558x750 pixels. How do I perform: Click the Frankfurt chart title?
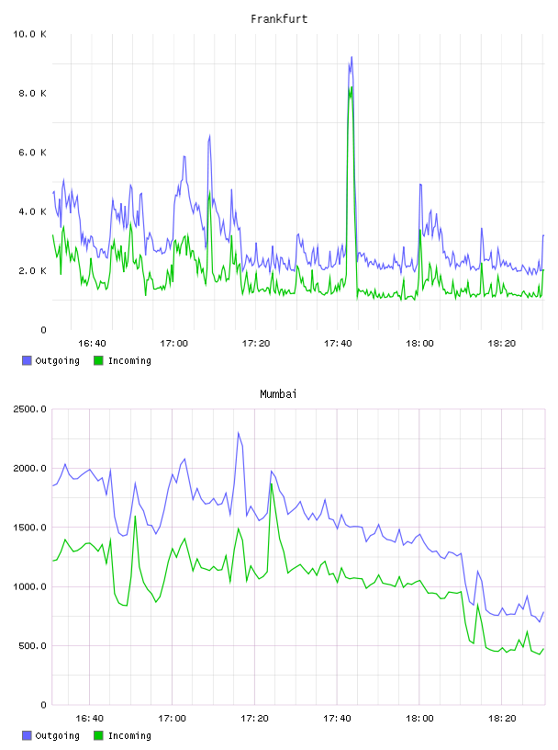[x=279, y=19]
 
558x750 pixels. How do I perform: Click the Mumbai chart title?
[x=278, y=394]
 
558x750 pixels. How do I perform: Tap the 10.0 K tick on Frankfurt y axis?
[x=29, y=34]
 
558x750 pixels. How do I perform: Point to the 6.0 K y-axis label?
[x=32, y=153]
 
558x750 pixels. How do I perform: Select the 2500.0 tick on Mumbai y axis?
[x=29, y=409]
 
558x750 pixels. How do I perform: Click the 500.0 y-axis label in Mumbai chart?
[x=32, y=646]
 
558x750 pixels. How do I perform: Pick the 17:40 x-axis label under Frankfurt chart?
[x=338, y=344]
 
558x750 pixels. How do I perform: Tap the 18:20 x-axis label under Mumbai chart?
[x=502, y=719]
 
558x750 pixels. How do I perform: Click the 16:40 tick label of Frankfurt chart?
[x=92, y=344]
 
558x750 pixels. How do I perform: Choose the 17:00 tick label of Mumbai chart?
[x=172, y=719]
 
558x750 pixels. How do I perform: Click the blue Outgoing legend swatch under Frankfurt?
[x=27, y=360]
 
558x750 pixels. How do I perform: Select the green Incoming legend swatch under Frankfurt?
[x=98, y=360]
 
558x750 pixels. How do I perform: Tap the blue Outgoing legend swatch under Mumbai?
[x=27, y=735]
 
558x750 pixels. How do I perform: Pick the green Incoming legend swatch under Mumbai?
[x=98, y=735]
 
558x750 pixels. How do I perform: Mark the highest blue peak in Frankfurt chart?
[x=352, y=57]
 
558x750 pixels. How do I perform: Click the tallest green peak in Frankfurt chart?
[x=352, y=87]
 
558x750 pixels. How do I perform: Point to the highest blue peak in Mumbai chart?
[x=239, y=433]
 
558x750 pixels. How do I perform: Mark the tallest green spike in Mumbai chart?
[x=272, y=484]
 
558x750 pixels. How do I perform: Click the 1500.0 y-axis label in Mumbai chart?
[x=29, y=528]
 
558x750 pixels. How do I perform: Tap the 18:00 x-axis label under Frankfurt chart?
[x=420, y=344]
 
